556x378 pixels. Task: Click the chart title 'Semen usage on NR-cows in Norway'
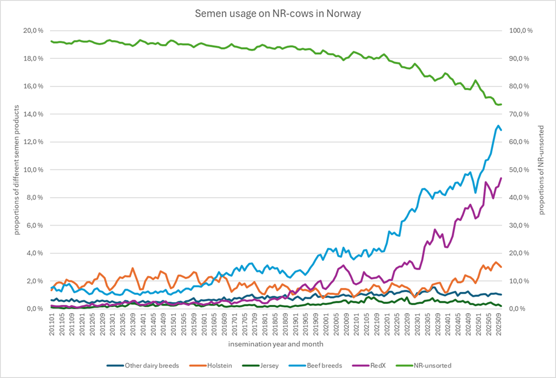coord(278,14)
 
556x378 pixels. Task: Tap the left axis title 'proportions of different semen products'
coord(17,170)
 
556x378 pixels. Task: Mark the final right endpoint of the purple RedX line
coord(501,178)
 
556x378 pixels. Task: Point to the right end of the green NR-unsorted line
coord(501,104)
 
